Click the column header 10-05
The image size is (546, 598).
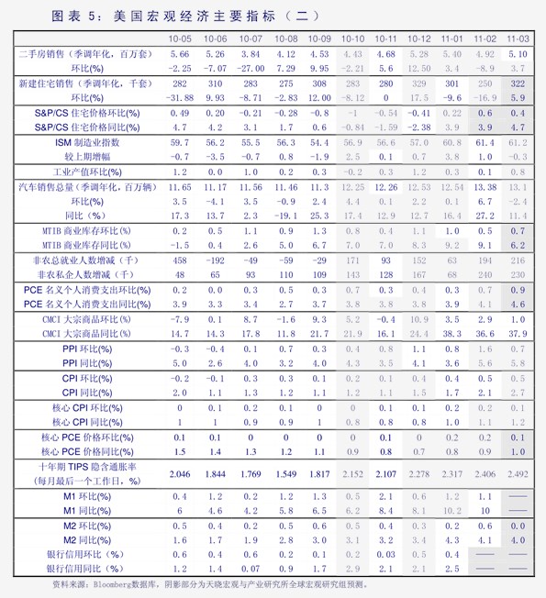click(180, 39)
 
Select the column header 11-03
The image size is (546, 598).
click(518, 39)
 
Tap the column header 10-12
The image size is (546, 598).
click(418, 39)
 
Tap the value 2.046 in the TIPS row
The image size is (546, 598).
click(180, 473)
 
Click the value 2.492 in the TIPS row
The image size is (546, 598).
click(518, 473)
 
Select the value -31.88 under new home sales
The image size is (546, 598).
click(180, 97)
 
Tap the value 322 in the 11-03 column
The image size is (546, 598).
click(518, 83)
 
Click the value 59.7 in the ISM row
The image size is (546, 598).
click(180, 143)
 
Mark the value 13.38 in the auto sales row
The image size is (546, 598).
click(485, 187)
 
